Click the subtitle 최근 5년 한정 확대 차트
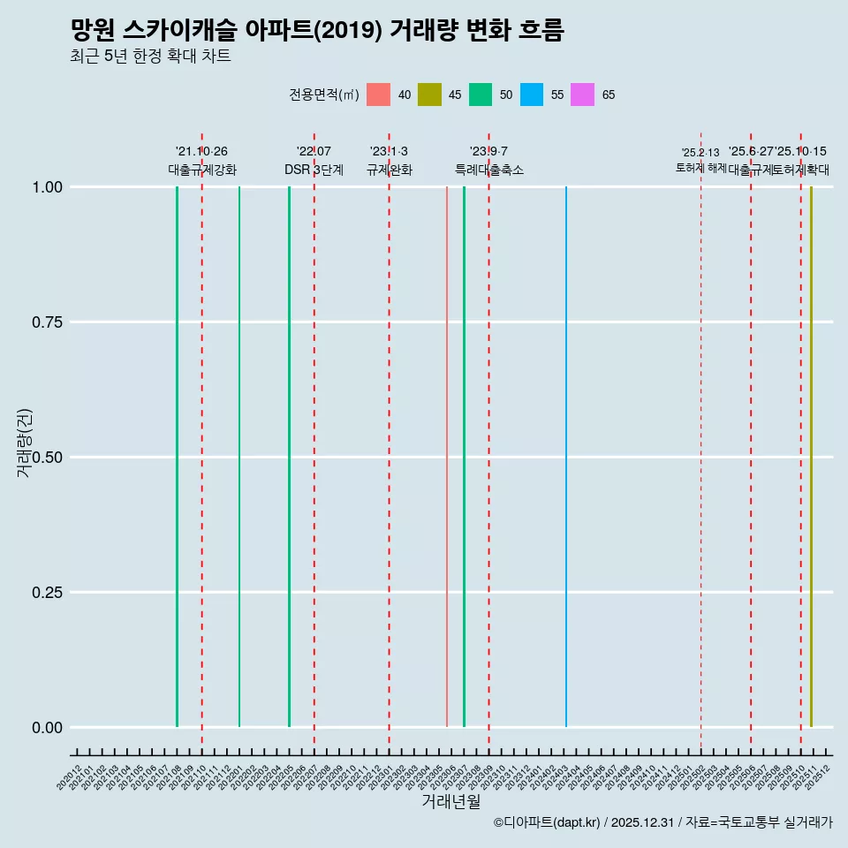pyautogui.click(x=150, y=57)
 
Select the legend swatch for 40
pyautogui.click(x=378, y=95)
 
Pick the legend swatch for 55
pyautogui.click(x=532, y=95)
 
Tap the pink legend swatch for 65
pyautogui.click(x=583, y=95)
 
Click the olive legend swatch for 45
pyautogui.click(x=429, y=95)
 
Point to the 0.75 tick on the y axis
pyautogui.click(x=47, y=322)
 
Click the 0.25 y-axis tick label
pyautogui.click(x=47, y=593)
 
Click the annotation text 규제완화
pyautogui.click(x=390, y=170)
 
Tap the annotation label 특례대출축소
pyautogui.click(x=489, y=170)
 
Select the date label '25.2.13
pyautogui.click(x=700, y=153)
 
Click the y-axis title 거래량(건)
pyautogui.click(x=25, y=442)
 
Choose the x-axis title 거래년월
pyautogui.click(x=451, y=801)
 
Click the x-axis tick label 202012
pyautogui.click(x=70, y=777)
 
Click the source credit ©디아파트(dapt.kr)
pyautogui.click(x=548, y=822)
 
